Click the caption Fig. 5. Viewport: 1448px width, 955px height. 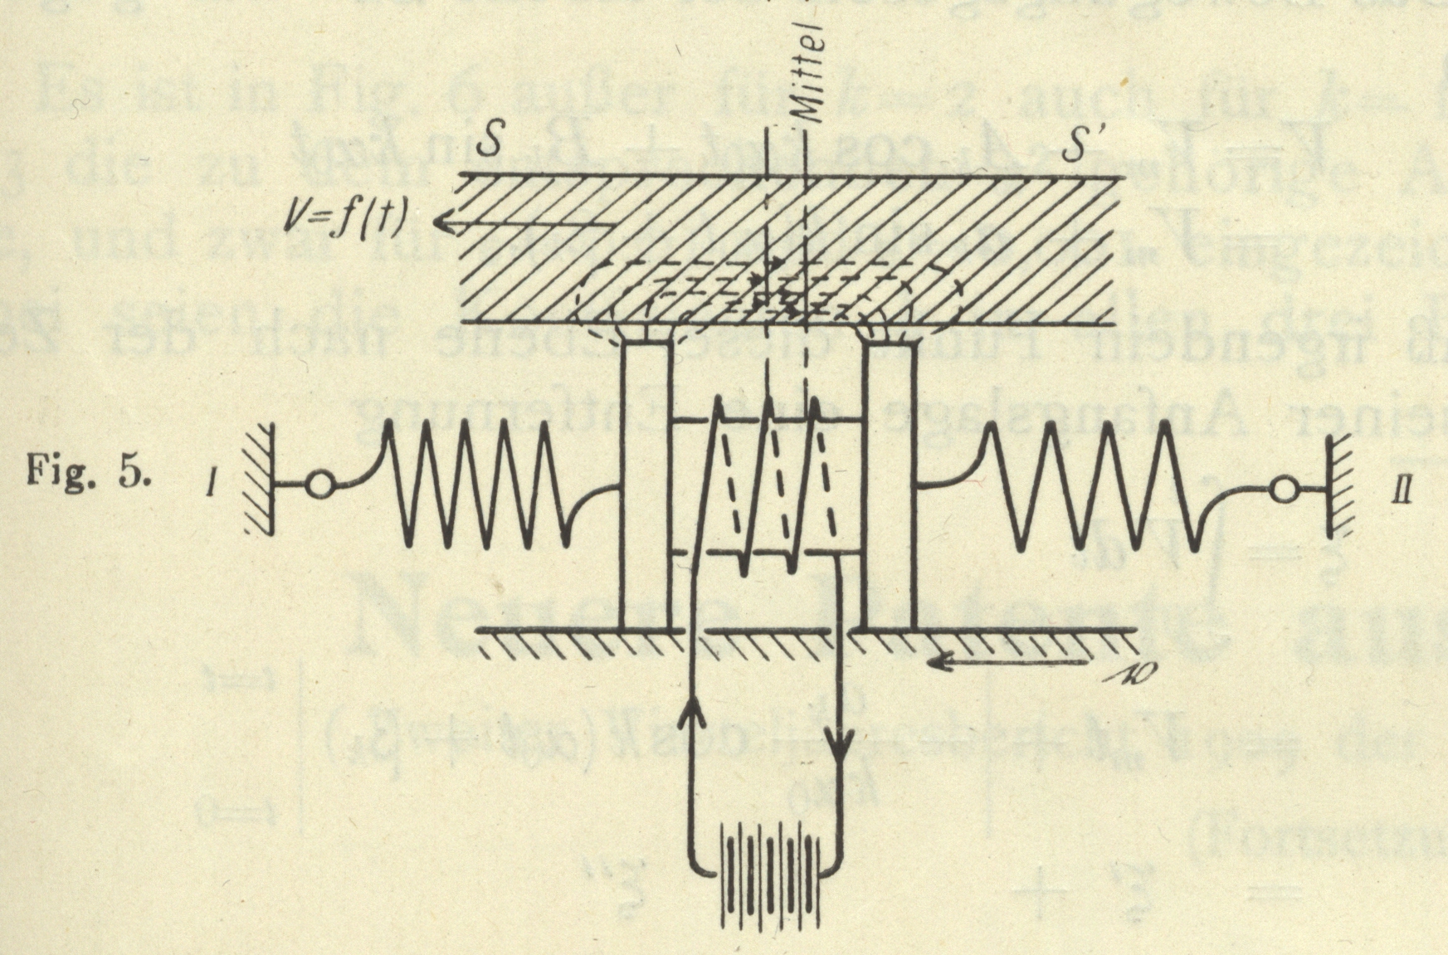pos(89,478)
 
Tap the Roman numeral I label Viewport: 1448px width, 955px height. pos(212,481)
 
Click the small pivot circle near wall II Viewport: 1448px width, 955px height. pos(1283,492)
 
